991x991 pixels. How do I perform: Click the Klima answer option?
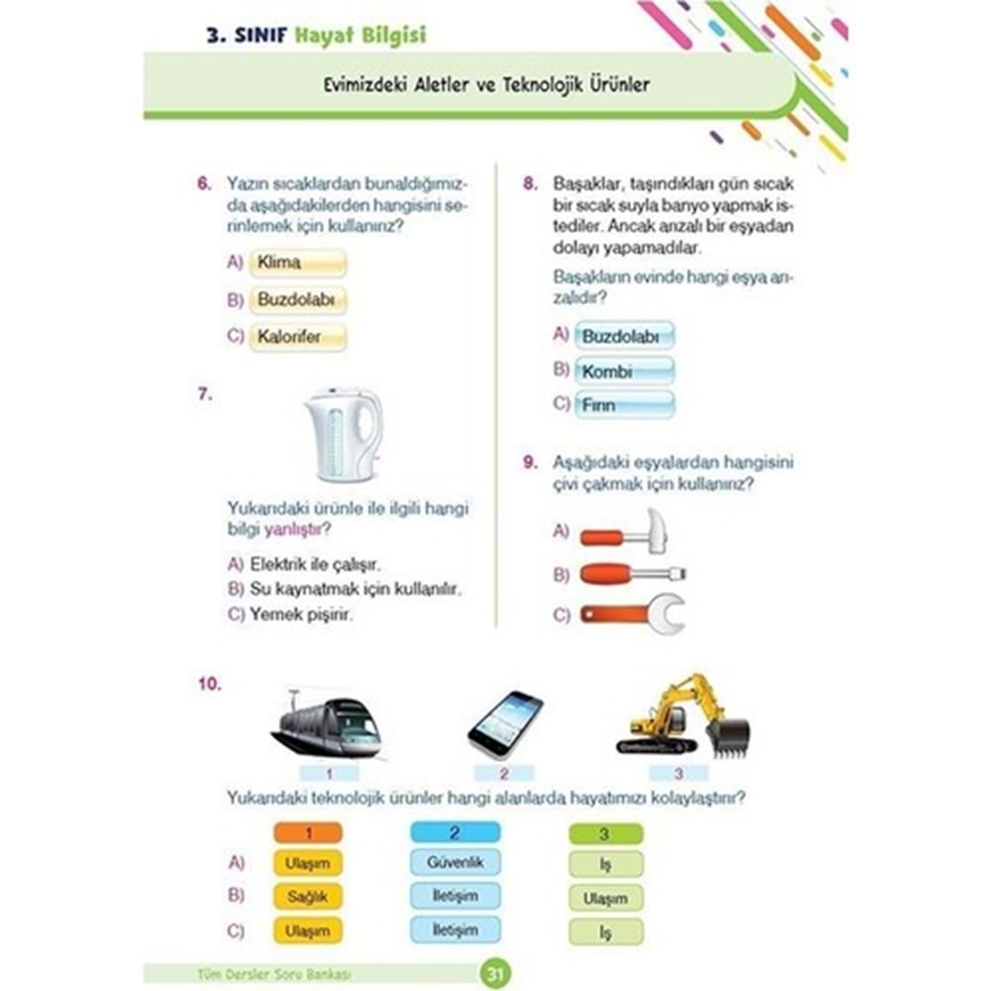click(x=297, y=263)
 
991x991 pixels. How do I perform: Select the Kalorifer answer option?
click(x=297, y=336)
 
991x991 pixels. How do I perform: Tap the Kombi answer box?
click(x=624, y=373)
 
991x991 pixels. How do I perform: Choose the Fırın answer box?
click(x=624, y=405)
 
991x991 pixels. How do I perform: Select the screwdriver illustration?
click(x=632, y=574)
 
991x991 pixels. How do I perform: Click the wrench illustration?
click(x=632, y=613)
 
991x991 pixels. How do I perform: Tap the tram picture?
click(x=326, y=725)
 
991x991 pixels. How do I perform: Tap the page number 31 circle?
click(x=493, y=974)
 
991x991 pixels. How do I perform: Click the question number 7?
click(x=204, y=394)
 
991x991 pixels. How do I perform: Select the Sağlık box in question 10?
click(x=306, y=896)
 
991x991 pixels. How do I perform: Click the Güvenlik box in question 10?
click(x=455, y=863)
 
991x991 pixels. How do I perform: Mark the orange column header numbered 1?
click(x=306, y=833)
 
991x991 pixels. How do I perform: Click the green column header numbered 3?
click(x=606, y=833)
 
